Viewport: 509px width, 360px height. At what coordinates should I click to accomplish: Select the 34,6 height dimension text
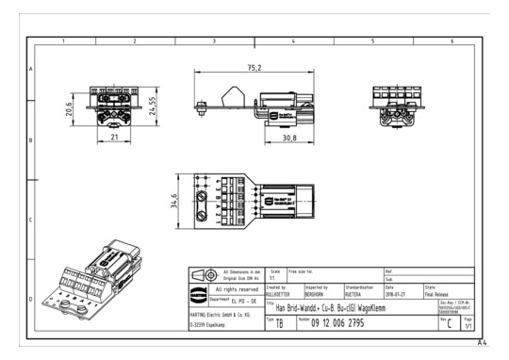(174, 202)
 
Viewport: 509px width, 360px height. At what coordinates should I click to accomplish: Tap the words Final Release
(442, 294)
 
